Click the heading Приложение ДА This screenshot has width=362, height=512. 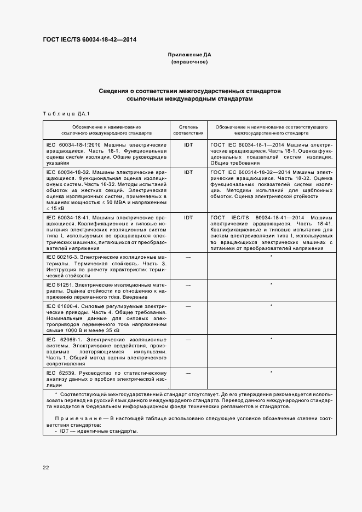click(189, 55)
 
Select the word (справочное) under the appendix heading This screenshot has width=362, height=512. click(189, 62)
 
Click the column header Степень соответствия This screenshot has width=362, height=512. click(188, 130)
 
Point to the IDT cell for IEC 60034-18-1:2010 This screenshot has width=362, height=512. click(188, 144)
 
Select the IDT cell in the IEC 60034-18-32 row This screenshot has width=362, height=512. click(188, 172)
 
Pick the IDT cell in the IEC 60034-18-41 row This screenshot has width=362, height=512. click(188, 217)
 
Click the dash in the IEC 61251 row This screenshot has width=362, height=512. click(188, 285)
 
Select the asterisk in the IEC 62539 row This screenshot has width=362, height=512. click(271, 373)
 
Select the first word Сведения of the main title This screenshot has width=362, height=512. click(116, 90)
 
